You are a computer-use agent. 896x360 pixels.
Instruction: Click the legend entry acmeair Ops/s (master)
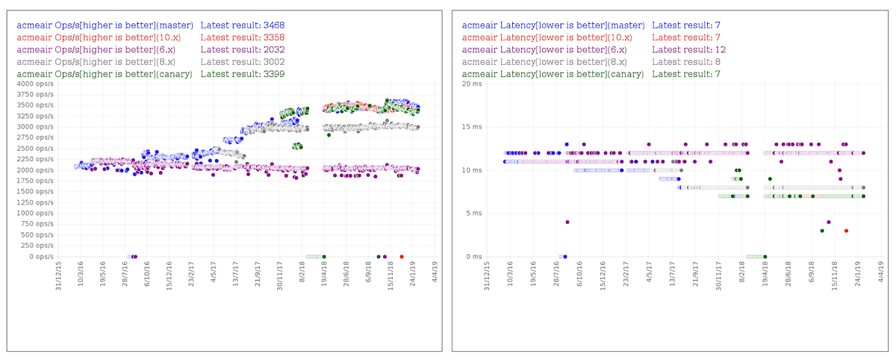pyautogui.click(x=105, y=25)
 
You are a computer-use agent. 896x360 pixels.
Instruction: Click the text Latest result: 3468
pyautogui.click(x=243, y=25)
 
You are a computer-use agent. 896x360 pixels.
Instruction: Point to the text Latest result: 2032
pyautogui.click(x=243, y=49)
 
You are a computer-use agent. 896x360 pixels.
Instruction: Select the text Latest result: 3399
pyautogui.click(x=243, y=74)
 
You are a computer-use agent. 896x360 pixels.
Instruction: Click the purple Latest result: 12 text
pyautogui.click(x=688, y=49)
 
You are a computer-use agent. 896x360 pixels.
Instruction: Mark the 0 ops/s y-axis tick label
pyautogui.click(x=40, y=257)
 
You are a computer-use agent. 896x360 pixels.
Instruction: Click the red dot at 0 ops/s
pyautogui.click(x=402, y=257)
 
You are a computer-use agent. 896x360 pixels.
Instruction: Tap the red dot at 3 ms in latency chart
pyautogui.click(x=846, y=231)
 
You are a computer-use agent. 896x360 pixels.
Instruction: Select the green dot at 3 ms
pyautogui.click(x=822, y=231)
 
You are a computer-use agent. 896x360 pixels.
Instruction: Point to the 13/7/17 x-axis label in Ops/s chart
pyautogui.click(x=237, y=275)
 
